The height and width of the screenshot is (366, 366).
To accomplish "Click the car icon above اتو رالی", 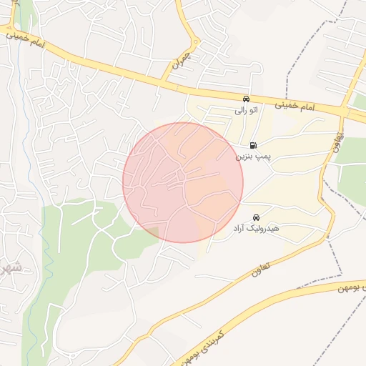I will [x=246, y=99].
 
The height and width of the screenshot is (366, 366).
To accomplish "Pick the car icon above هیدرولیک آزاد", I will [x=255, y=217].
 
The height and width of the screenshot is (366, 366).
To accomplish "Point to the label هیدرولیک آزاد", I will [x=254, y=229].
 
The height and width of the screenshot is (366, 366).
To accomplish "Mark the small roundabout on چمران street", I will [x=197, y=41].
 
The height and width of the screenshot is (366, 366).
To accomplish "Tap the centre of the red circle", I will [x=183, y=182].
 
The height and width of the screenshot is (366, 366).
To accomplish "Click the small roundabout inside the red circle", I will [x=182, y=175].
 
